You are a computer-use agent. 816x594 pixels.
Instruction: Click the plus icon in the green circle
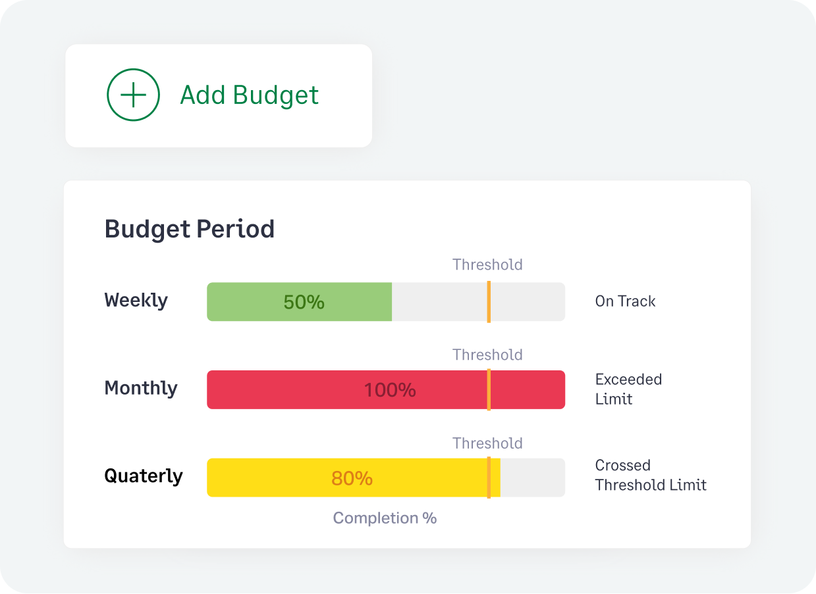coord(133,95)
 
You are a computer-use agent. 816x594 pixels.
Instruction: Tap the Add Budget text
coord(249,95)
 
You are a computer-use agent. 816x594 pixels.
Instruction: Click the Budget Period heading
coord(190,229)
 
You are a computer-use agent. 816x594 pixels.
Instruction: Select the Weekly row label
coord(136,301)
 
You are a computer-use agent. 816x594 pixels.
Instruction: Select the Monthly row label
coord(141,388)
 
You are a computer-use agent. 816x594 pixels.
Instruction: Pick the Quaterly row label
coord(144,476)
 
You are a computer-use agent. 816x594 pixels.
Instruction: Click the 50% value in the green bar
coord(304,302)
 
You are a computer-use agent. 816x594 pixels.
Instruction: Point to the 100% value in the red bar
coord(390,390)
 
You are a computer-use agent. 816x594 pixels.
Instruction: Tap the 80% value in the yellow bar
coord(352,478)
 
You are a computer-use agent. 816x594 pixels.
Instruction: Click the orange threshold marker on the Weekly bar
coord(489,302)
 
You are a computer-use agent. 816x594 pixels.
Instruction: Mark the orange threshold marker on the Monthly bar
coord(489,390)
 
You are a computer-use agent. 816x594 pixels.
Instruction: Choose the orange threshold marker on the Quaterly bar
coord(489,478)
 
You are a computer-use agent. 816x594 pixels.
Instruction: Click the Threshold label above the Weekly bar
coord(487,265)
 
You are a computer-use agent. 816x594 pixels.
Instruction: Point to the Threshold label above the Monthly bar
coord(487,355)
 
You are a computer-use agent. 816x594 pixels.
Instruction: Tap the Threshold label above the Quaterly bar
coord(487,443)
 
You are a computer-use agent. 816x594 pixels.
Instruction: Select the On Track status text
coord(625,301)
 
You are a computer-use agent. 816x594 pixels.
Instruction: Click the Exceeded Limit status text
coord(628,389)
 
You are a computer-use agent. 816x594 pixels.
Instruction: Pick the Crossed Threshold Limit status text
coord(650,475)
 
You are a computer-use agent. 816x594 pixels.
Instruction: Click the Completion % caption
coord(385,518)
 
